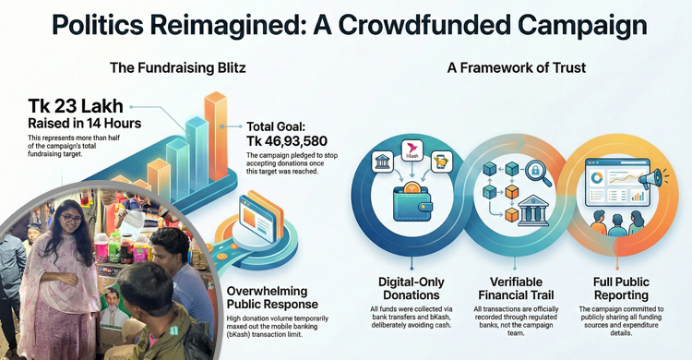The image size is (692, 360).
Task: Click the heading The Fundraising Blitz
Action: pyautogui.click(x=177, y=67)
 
